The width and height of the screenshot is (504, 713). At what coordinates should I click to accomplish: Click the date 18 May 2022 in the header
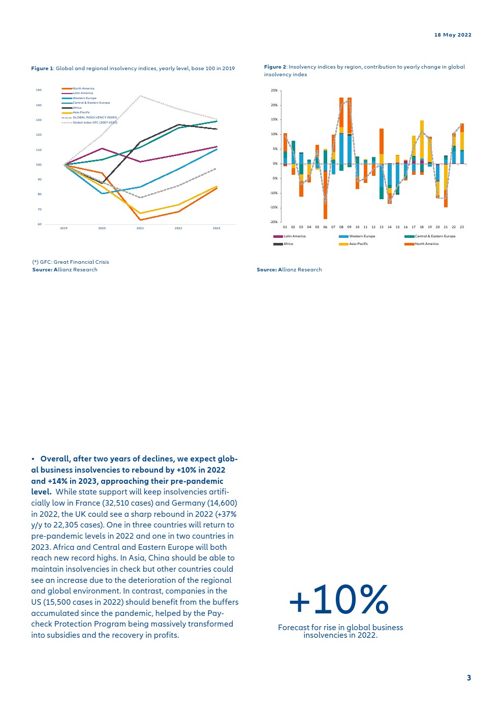453,35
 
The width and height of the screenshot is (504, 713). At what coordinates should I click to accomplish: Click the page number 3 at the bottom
469,677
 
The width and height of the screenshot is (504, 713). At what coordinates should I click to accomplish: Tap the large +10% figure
339,600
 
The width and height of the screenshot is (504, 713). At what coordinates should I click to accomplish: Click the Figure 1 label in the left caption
42,69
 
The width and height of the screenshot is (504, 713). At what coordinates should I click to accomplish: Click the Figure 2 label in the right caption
275,67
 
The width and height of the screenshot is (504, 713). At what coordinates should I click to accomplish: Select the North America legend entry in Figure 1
83,88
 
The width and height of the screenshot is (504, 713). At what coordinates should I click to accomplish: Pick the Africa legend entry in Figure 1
77,108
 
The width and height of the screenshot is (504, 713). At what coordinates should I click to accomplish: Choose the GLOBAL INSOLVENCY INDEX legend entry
94,117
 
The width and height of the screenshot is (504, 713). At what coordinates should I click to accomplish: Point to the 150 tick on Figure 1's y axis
39,90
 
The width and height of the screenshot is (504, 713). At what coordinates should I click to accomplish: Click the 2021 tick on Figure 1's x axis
140,228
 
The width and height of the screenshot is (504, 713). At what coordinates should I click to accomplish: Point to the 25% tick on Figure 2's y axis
274,90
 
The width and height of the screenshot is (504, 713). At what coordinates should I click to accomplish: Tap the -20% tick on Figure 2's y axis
274,222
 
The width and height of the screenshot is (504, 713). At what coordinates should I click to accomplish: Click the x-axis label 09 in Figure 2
350,227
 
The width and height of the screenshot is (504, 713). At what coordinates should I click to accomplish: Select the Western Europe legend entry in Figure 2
362,236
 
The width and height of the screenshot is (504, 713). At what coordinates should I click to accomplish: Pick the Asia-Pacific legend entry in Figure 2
358,244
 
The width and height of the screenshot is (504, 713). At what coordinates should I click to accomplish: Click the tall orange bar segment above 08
341,112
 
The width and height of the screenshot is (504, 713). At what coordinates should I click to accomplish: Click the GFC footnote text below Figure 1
71,262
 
